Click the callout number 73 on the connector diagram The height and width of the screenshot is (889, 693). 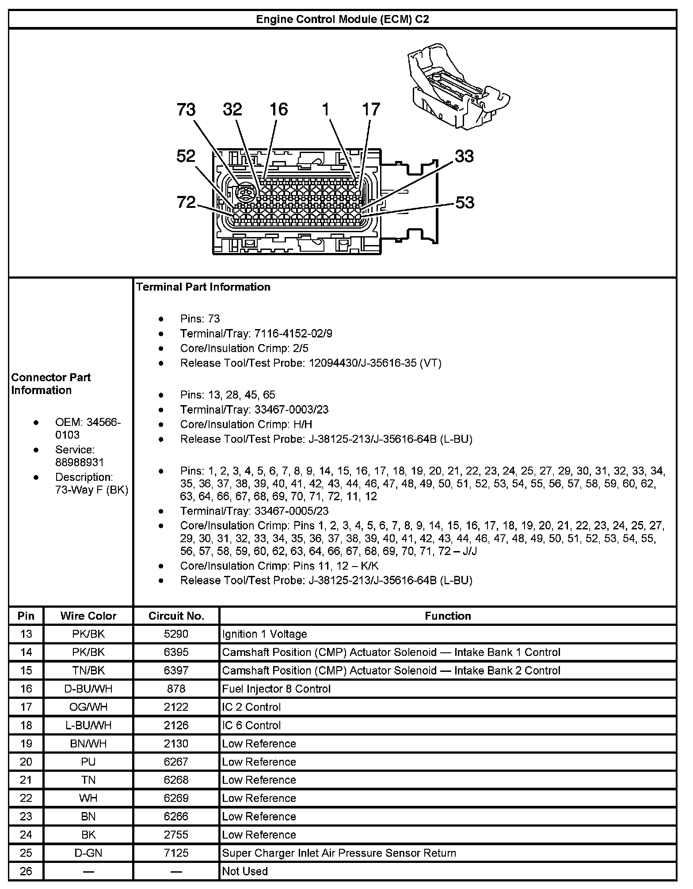pyautogui.click(x=186, y=109)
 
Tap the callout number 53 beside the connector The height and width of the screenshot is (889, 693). pyautogui.click(x=464, y=203)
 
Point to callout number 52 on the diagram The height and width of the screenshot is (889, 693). pyautogui.click(x=186, y=156)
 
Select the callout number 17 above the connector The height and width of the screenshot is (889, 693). pyautogui.click(x=371, y=109)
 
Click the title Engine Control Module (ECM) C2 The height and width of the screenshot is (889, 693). pyautogui.click(x=343, y=19)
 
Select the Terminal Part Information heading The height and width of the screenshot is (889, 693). pyautogui.click(x=203, y=287)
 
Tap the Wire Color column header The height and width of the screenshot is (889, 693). pyautogui.click(x=88, y=616)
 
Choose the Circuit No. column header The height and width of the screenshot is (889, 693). pyautogui.click(x=176, y=616)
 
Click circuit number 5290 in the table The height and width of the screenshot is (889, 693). pyautogui.click(x=176, y=634)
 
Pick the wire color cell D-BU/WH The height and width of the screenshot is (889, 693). pyautogui.click(x=88, y=689)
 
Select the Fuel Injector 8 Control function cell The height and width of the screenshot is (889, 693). pyautogui.click(x=276, y=689)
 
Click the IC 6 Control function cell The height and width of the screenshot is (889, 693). pyautogui.click(x=251, y=725)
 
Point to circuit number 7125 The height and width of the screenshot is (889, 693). pyautogui.click(x=176, y=853)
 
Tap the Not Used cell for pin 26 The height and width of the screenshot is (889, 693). pyautogui.click(x=245, y=871)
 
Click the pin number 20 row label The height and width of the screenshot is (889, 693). pyautogui.click(x=26, y=762)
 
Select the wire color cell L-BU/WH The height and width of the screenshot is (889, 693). pyautogui.click(x=88, y=725)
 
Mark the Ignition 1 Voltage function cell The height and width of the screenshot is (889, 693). pyautogui.click(x=264, y=634)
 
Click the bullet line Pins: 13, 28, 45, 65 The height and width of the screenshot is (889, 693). pyautogui.click(x=228, y=395)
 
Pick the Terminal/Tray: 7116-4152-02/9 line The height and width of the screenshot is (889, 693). pyautogui.click(x=256, y=333)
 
